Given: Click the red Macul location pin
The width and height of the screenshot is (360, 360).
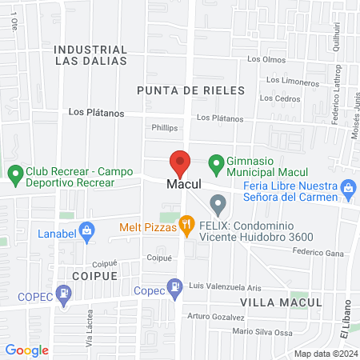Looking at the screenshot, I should pos(180,162).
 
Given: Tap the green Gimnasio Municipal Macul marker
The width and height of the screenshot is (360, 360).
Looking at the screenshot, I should pos(215,165).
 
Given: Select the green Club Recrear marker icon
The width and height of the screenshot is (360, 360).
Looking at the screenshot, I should pos(14,173).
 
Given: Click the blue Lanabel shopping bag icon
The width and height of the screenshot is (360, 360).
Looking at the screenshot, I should pos(88,233).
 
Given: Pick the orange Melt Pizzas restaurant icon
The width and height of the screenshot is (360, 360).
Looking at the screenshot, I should pos(187,226).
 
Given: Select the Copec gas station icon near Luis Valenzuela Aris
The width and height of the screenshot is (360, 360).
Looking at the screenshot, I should pos(174,286).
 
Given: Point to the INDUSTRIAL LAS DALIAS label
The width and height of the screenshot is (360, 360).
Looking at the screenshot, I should pos(90,55).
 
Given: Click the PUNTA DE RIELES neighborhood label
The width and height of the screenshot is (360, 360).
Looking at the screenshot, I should pos(190,91).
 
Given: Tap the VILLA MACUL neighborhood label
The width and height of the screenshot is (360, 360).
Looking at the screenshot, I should pos(281,302).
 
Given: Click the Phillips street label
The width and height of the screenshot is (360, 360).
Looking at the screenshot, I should pos(164,127).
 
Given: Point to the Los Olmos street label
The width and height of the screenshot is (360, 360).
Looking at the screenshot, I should pos(266,59).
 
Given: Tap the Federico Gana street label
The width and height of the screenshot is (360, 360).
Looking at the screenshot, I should pos(318,252).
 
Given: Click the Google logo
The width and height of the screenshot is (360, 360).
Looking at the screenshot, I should pos(27,350).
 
